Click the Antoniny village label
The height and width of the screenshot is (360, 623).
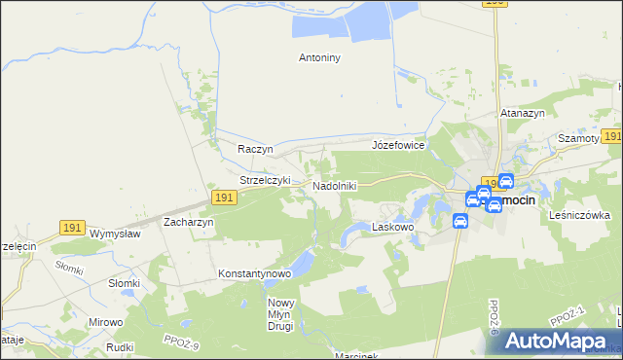[x=318, y=57]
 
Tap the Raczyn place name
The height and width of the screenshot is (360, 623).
[x=255, y=149]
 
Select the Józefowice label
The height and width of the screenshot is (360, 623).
[x=398, y=145]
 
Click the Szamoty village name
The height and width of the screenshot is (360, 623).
[x=577, y=139]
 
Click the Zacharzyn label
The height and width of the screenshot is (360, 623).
[x=189, y=222]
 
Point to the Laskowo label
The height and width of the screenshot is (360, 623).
[x=394, y=227]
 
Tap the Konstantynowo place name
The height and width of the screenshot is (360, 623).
[x=255, y=273]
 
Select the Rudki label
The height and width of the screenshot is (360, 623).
[x=120, y=345]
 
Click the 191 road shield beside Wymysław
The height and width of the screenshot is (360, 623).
[x=71, y=227]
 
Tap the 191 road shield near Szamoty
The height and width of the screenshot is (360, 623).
[x=611, y=137]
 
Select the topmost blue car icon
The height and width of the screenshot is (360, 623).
[x=505, y=181]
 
